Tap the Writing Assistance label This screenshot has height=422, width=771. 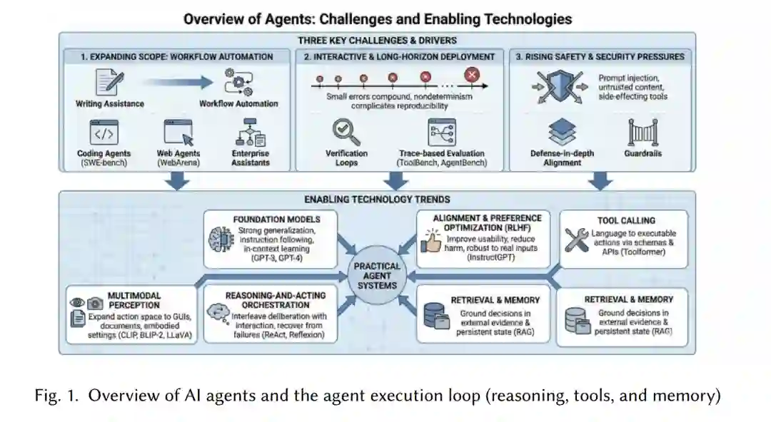(109, 104)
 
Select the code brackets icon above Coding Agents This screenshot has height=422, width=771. (104, 133)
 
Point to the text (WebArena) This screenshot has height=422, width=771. (178, 163)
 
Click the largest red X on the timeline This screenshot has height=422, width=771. (471, 74)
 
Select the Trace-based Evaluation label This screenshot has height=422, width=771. (441, 153)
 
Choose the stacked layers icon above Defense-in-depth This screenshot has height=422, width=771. (562, 133)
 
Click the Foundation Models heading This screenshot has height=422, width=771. (277, 220)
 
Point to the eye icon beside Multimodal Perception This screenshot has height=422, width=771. (77, 303)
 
